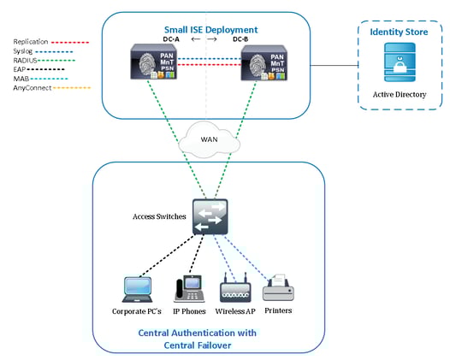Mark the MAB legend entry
tap(25, 79)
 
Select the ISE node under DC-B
tap(261, 64)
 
